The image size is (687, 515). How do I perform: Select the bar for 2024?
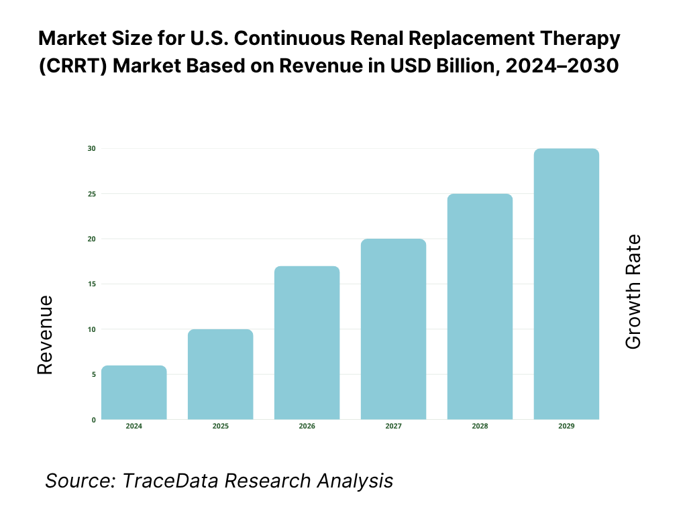point(134,392)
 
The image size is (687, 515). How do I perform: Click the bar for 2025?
point(221,374)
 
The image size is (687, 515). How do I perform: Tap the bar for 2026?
point(307,343)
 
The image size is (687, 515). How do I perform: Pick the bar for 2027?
point(393,329)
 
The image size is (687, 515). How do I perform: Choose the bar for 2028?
point(480,306)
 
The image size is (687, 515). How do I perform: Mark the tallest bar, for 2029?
point(566,284)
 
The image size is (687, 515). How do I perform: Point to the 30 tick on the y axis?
point(92,148)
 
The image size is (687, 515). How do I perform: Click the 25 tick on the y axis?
point(92,194)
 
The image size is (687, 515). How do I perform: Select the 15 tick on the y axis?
point(92,284)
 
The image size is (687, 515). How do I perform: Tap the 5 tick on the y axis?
point(93,375)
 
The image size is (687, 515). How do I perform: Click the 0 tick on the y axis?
point(93,420)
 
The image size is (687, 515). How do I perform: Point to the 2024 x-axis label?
point(134,426)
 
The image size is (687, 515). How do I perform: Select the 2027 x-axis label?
point(393,426)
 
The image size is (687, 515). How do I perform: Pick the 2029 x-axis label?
point(566,426)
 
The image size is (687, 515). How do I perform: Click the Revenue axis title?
point(44,335)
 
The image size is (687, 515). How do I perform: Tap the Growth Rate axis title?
point(633,292)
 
